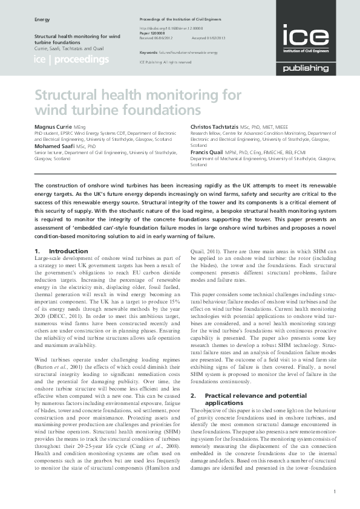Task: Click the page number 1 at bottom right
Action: click(335, 491)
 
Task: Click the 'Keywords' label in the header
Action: click(149, 53)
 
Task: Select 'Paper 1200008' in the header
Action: click(154, 33)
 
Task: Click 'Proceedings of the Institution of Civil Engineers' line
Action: click(182, 20)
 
